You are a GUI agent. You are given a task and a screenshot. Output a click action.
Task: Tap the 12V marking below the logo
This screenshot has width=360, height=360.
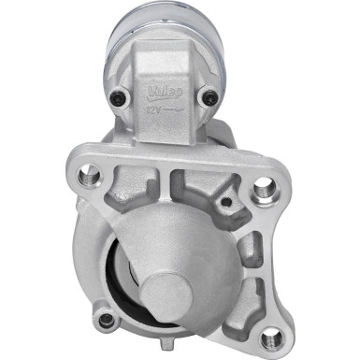[x=152, y=110]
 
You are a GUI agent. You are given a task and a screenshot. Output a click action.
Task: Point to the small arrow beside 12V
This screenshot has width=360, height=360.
[x=171, y=110]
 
